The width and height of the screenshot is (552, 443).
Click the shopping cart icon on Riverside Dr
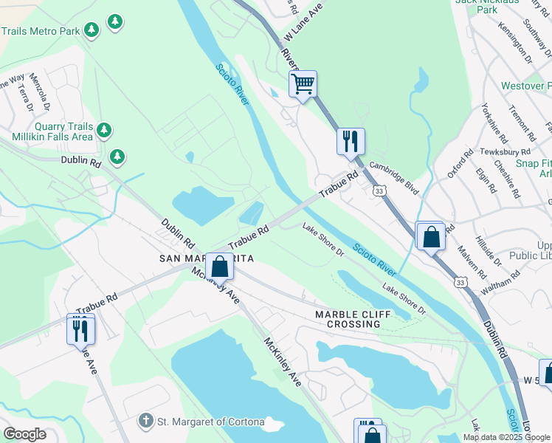(x=303, y=84)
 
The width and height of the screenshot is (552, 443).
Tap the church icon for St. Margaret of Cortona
(x=146, y=422)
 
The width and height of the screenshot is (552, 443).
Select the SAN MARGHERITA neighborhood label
(x=207, y=258)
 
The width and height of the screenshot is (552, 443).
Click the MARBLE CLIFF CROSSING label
(x=348, y=319)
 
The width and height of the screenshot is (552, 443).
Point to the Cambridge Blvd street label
(x=394, y=179)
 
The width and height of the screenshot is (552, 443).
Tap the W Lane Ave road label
(x=304, y=24)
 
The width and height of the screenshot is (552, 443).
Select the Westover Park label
(x=525, y=86)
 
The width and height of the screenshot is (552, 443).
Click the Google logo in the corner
(x=24, y=433)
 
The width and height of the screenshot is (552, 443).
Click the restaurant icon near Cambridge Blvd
(x=350, y=140)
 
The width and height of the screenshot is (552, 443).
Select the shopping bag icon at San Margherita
(x=219, y=266)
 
